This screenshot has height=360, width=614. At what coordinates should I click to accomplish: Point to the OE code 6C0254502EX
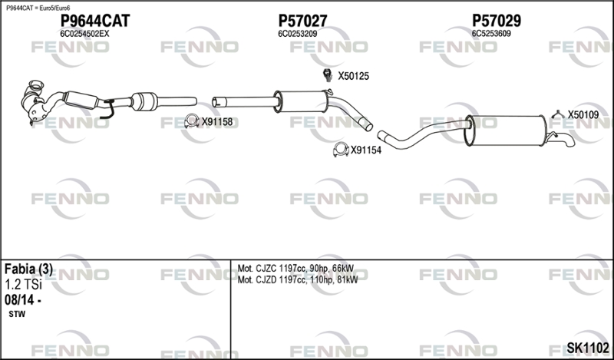[84, 34]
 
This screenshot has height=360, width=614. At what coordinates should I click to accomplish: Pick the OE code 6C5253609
[491, 34]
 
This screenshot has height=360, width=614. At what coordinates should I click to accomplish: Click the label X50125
[354, 76]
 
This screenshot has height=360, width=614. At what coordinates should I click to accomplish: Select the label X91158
[217, 121]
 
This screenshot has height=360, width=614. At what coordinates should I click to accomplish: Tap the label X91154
[366, 150]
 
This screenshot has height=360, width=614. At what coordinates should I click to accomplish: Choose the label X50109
[583, 114]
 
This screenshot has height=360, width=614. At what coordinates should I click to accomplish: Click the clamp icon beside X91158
[192, 121]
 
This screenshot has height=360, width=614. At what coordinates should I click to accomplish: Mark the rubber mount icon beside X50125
[326, 75]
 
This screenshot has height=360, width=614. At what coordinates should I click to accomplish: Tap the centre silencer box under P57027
[302, 101]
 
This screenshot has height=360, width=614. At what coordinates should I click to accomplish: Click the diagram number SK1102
[588, 348]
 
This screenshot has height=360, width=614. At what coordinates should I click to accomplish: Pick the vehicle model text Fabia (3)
[28, 269]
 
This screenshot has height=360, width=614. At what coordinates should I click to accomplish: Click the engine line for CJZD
[297, 280]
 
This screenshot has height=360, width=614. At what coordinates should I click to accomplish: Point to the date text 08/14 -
[22, 300]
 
